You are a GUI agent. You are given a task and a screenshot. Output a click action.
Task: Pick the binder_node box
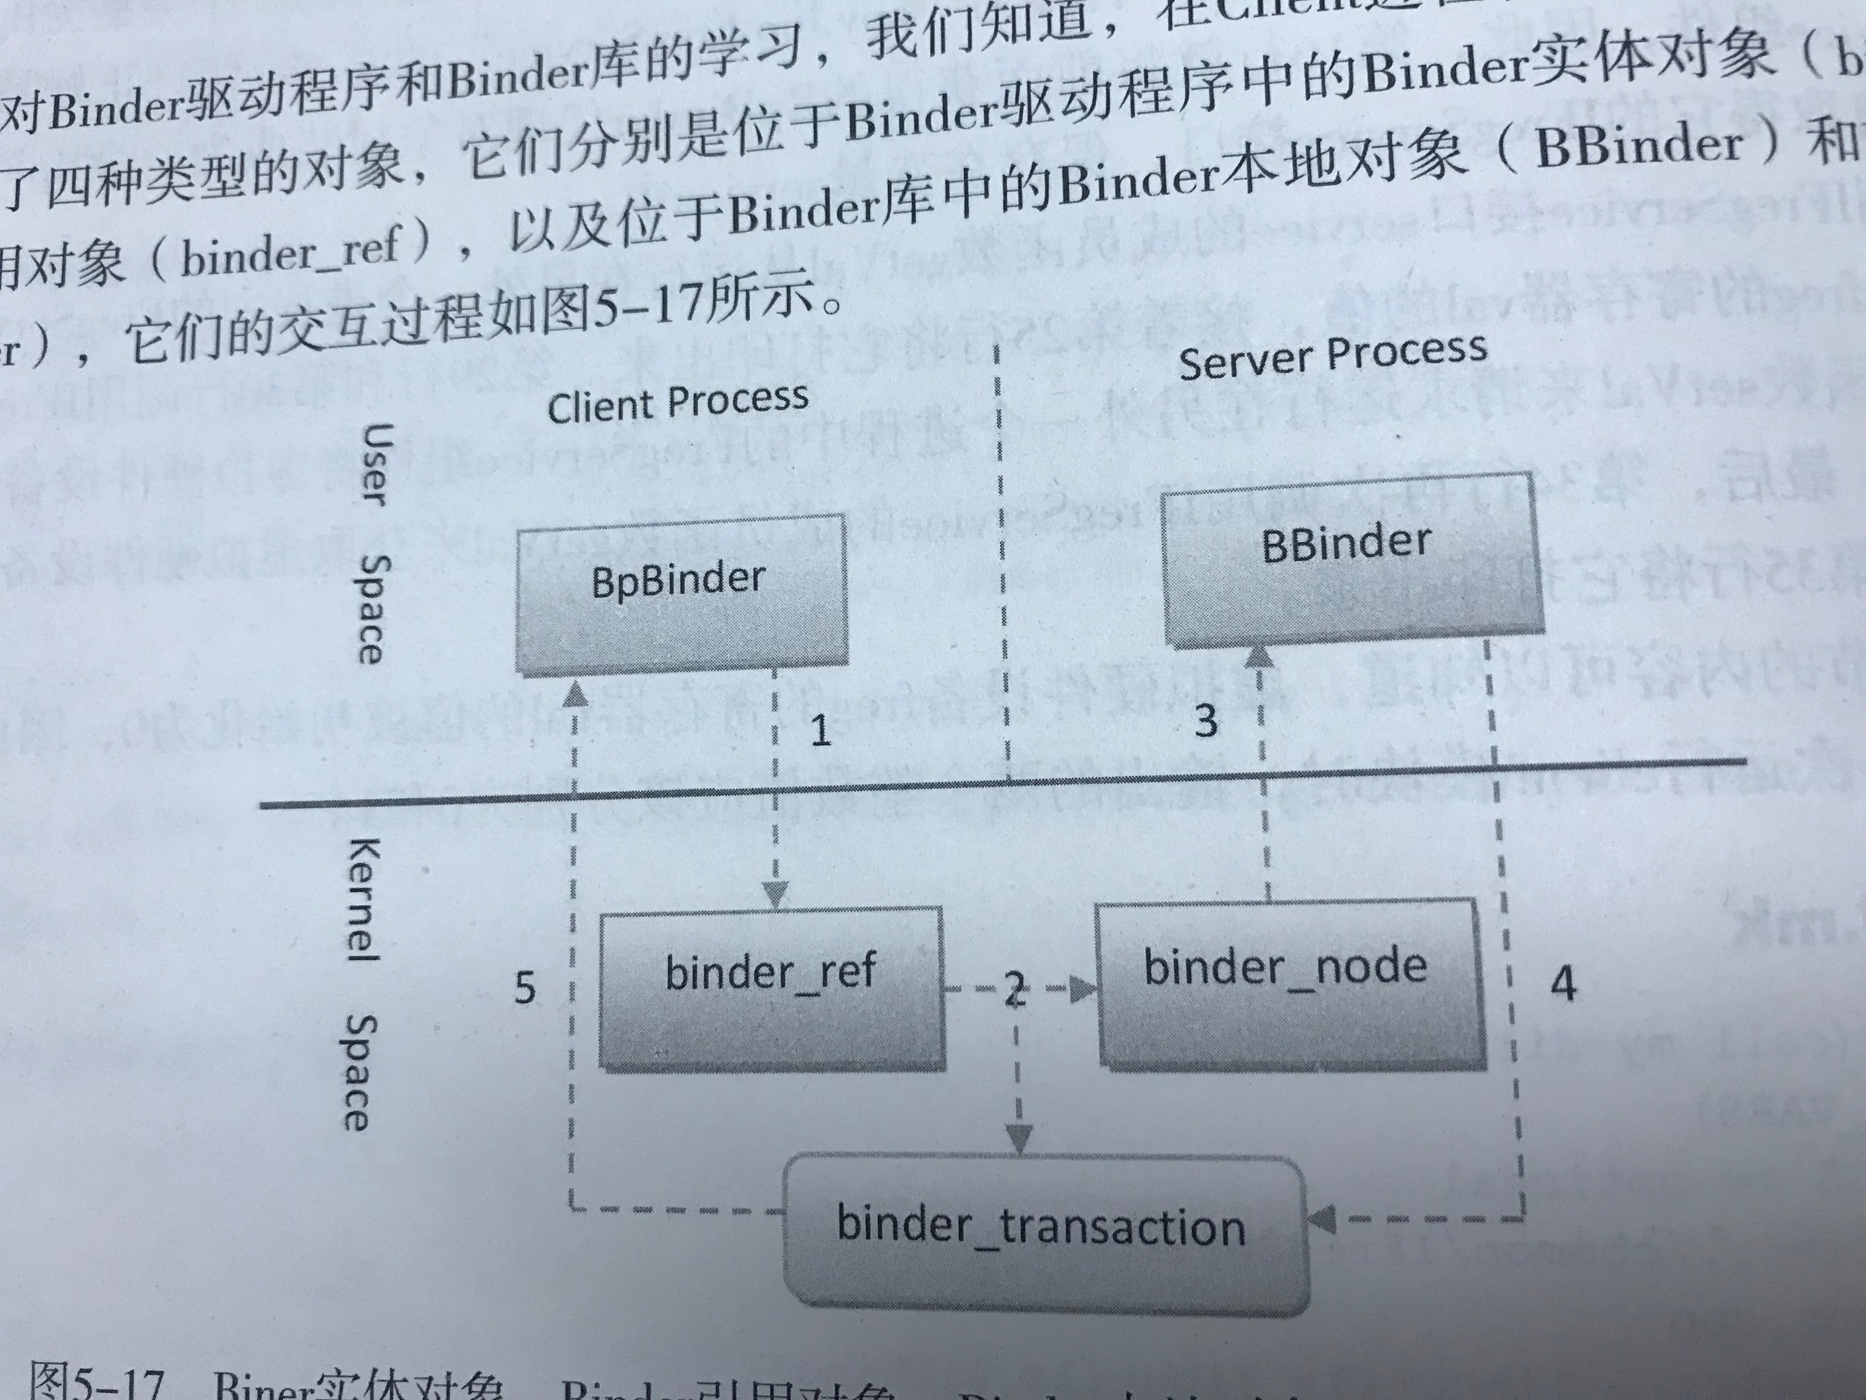(1288, 983)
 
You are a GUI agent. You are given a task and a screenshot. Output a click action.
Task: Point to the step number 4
(1563, 984)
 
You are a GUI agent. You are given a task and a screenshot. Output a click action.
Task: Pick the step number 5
(525, 987)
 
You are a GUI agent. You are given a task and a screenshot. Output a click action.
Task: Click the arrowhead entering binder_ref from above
(774, 894)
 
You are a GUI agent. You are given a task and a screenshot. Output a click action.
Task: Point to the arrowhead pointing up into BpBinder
(574, 694)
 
